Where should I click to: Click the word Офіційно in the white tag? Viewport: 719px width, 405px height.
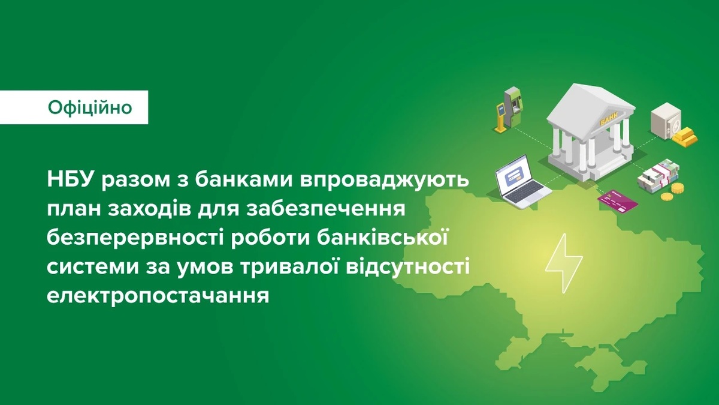[90, 107]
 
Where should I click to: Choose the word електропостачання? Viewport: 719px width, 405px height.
[158, 296]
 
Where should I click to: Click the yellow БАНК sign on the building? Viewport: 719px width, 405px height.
[608, 121]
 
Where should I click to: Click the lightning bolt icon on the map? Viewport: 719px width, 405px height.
[564, 263]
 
